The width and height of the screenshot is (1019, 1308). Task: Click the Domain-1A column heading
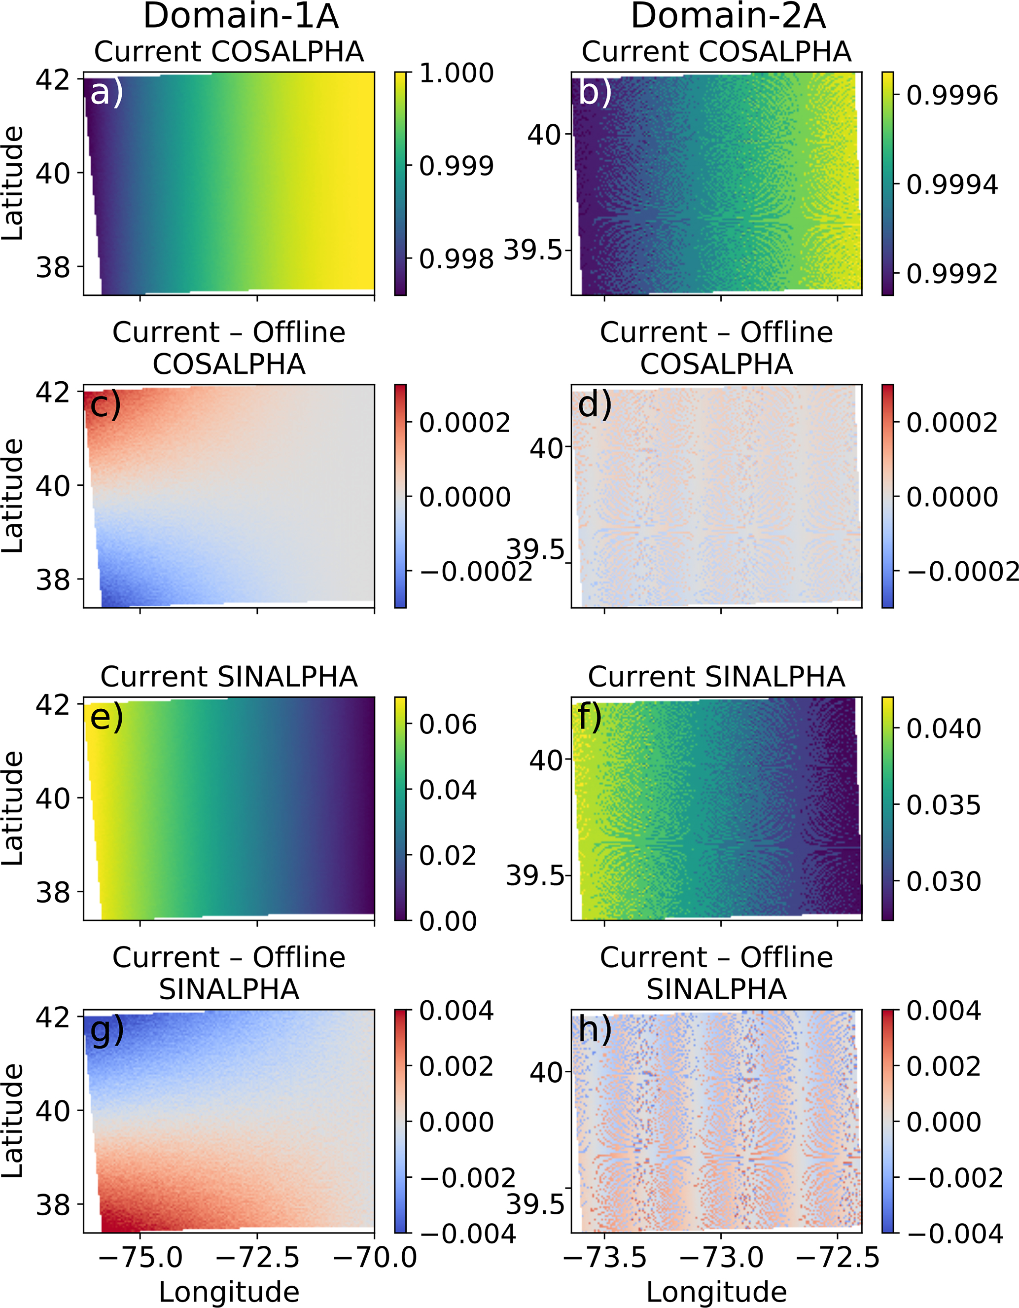tap(241, 16)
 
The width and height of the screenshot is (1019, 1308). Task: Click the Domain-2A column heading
tap(728, 16)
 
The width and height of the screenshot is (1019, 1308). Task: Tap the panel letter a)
tap(106, 93)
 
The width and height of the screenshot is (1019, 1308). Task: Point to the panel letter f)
tap(590, 717)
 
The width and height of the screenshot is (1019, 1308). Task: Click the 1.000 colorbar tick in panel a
tap(456, 73)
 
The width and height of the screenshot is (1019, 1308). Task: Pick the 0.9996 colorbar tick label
tap(952, 95)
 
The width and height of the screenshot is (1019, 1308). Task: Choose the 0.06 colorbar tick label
tap(448, 725)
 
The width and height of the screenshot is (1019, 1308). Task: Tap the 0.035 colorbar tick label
tap(944, 805)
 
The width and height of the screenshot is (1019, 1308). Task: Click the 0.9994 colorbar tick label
tap(952, 184)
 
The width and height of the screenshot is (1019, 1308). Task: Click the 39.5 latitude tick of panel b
tap(533, 249)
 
